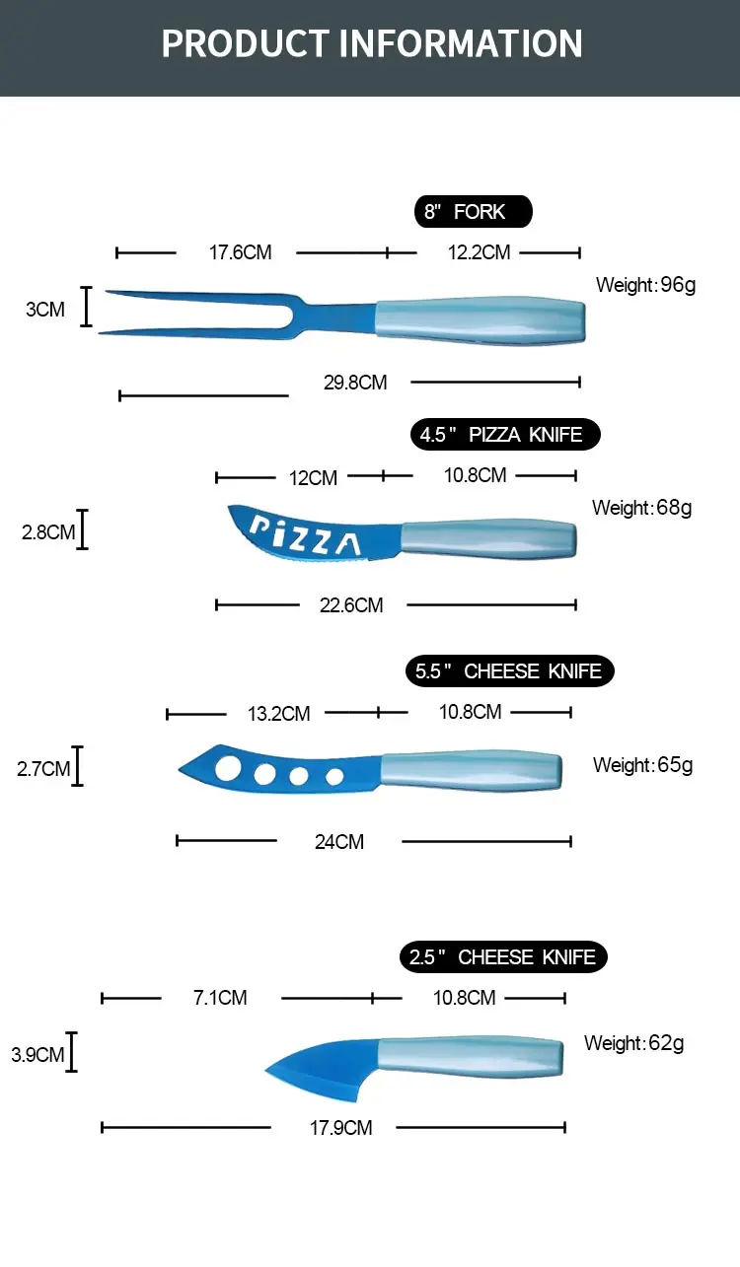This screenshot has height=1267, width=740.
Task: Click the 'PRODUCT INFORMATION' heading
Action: point(371,44)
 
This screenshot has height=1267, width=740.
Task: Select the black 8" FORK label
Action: point(473,212)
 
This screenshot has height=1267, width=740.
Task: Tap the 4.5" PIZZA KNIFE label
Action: point(504,435)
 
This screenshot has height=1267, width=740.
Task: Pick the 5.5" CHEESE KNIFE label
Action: point(509,671)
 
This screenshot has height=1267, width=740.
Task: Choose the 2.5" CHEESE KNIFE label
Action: point(503,957)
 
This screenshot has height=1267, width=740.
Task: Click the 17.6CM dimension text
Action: point(240,252)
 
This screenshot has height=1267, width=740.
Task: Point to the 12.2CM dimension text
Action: point(479,252)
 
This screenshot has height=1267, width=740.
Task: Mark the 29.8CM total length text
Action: point(355,382)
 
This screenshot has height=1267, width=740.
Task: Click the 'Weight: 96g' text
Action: point(645,286)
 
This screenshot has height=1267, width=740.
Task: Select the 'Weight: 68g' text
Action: point(641,508)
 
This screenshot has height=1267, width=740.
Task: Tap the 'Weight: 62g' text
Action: point(633,1043)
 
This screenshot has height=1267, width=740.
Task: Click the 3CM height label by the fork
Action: point(45,310)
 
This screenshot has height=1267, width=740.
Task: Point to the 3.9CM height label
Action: point(37,1055)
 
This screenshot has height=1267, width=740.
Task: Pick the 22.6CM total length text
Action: point(351,605)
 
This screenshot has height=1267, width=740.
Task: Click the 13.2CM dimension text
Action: point(279,714)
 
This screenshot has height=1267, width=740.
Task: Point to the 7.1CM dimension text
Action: point(220,998)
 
